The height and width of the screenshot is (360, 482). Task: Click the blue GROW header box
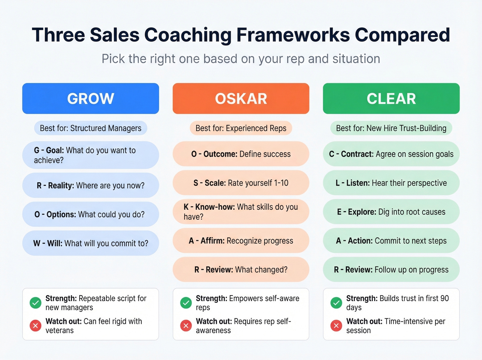pos(91,99)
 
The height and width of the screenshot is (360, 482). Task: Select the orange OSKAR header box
pos(241,99)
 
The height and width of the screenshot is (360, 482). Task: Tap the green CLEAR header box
pos(391,99)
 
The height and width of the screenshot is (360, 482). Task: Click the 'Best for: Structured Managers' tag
pos(91,128)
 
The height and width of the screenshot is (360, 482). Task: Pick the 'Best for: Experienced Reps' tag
pos(241,128)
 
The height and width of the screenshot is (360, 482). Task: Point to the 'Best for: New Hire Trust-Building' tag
pos(391,128)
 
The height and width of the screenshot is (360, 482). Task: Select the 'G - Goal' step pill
pos(91,155)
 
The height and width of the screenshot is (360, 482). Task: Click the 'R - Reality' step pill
pos(91,185)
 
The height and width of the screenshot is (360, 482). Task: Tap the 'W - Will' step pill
pos(91,243)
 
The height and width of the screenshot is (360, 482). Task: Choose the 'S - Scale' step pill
pos(241,183)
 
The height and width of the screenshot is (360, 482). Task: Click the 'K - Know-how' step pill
pos(241,212)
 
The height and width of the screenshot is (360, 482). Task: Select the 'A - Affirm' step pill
pos(241,241)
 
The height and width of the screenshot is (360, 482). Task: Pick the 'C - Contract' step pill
pos(391,154)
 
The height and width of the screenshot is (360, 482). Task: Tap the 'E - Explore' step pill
pos(391,212)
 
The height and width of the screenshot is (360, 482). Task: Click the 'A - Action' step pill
pos(391,241)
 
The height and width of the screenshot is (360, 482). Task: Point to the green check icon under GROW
pos(35,303)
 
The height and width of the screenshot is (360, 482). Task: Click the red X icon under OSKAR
pos(186,326)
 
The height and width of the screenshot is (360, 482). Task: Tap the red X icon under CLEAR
pos(336,326)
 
